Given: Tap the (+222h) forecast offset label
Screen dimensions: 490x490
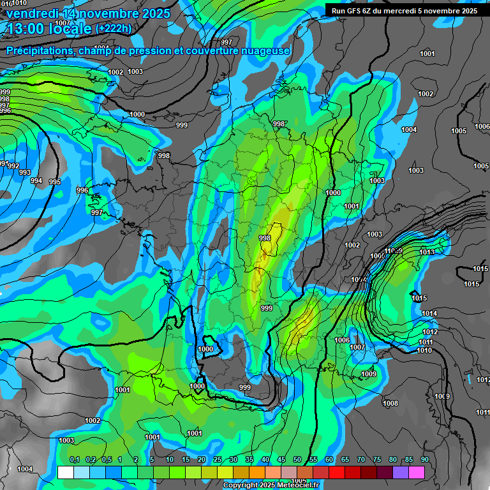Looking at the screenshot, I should pyautogui.click(x=113, y=28).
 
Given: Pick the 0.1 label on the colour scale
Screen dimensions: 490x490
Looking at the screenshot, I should pyautogui.click(x=75, y=460).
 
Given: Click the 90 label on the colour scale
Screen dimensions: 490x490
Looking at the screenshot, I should pyautogui.click(x=425, y=460).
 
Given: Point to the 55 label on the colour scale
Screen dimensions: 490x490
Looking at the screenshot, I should pyautogui.click(x=313, y=460).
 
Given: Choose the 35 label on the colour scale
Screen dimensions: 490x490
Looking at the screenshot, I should pyautogui.click(x=249, y=460).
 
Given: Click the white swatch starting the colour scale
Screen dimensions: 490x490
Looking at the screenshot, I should pyautogui.click(x=65, y=472).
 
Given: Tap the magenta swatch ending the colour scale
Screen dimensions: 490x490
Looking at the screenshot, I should pyautogui.click(x=417, y=472).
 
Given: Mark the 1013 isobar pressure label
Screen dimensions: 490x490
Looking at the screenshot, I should pyautogui.click(x=427, y=253).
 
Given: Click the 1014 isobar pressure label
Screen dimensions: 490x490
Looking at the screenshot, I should pyautogui.click(x=429, y=313).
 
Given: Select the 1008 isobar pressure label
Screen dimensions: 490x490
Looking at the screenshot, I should pyautogui.click(x=390, y=403).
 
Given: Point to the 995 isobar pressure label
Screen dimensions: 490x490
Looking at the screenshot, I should pyautogui.click(x=55, y=182).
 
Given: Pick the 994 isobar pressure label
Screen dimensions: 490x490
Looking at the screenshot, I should pyautogui.click(x=36, y=181).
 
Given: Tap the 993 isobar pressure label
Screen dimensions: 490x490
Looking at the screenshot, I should pyautogui.click(x=24, y=173).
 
